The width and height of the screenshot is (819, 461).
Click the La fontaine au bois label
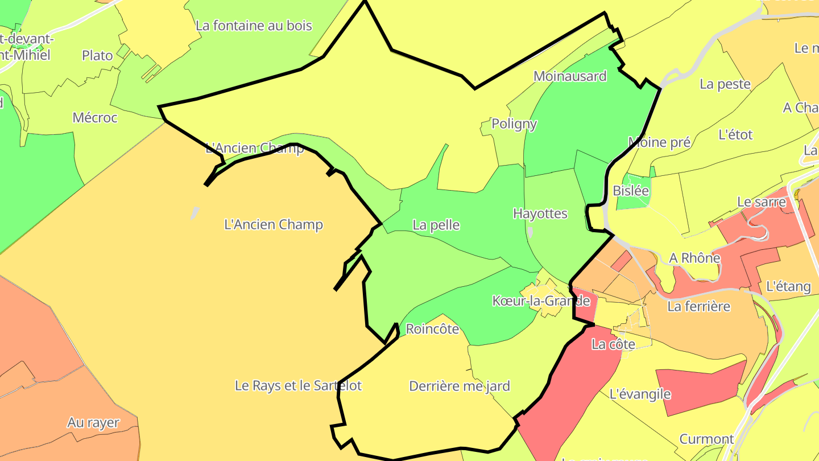click(x=254, y=26)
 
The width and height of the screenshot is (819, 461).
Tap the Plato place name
click(x=97, y=55)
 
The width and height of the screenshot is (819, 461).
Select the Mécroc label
click(x=95, y=118)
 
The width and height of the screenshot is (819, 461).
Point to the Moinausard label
click(x=570, y=76)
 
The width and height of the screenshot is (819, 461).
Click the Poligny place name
click(x=514, y=124)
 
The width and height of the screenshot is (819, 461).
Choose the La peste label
click(x=725, y=84)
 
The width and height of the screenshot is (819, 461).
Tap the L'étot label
click(x=735, y=135)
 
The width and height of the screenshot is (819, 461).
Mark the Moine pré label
click(x=659, y=142)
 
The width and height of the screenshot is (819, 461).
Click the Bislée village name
click(x=631, y=191)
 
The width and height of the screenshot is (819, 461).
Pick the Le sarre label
click(x=761, y=202)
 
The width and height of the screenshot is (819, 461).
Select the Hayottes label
click(x=540, y=213)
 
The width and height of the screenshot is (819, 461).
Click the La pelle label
click(x=436, y=225)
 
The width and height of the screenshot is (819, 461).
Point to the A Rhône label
click(x=694, y=258)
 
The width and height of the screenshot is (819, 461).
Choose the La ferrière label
click(x=698, y=307)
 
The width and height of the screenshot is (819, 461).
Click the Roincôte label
click(x=432, y=329)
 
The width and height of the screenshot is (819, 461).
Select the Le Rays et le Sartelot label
click(x=298, y=385)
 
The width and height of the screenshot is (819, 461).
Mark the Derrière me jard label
click(x=460, y=386)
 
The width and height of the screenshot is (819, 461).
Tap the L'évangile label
click(x=640, y=394)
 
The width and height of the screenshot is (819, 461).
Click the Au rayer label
click(x=93, y=423)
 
